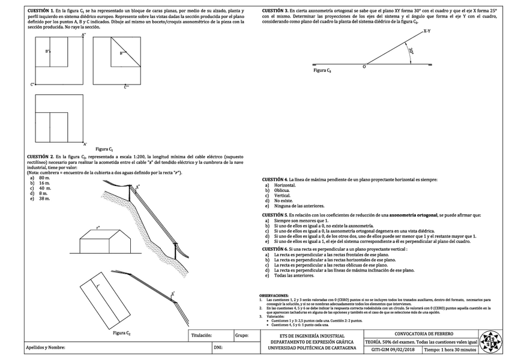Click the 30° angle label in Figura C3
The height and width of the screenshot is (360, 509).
411,52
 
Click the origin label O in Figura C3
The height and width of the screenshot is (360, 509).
364,67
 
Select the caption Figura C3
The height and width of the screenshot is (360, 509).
322,70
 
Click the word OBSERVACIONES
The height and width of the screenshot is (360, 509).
274,296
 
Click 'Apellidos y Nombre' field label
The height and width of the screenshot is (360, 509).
45,347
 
